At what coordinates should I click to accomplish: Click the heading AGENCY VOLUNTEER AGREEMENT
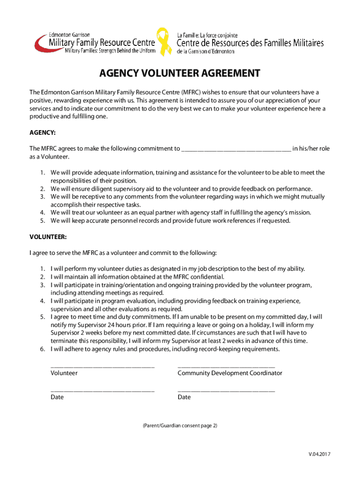tap(180, 74)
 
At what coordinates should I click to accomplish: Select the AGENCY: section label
tap(43, 133)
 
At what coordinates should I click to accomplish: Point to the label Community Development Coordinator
tap(230, 373)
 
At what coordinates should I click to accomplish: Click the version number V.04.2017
tap(319, 454)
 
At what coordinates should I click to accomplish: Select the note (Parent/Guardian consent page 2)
tap(180, 426)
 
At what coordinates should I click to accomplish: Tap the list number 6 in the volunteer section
tap(42, 349)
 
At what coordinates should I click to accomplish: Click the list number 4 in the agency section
tap(42, 212)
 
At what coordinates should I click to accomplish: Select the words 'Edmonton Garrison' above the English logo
tap(70, 35)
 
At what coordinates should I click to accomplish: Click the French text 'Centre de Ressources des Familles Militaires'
tap(250, 43)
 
